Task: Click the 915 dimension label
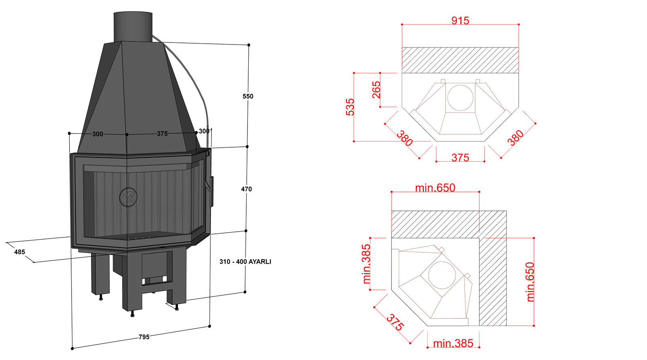460,21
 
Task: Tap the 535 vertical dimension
350,107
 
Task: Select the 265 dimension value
376,90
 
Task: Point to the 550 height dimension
248,96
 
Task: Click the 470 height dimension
246,189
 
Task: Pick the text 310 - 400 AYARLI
245,261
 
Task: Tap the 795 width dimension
144,337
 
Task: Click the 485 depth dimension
20,252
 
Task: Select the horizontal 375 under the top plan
460,158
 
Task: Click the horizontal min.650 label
435,188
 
